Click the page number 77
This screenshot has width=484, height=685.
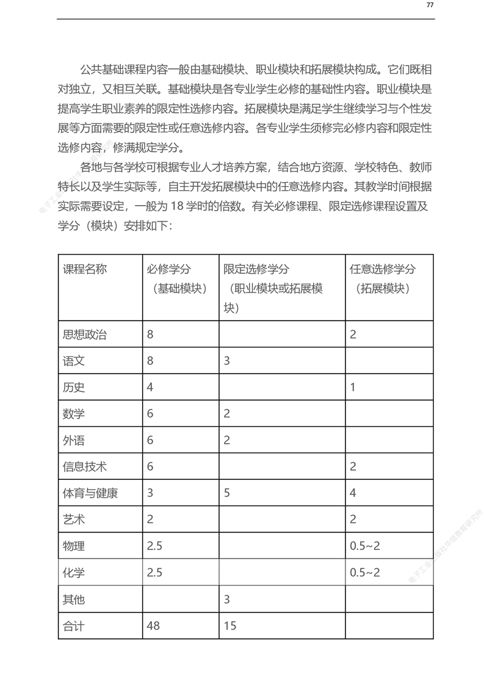click(x=430, y=5)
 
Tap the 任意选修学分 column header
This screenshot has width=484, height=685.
click(x=383, y=269)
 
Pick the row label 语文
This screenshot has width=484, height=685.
click(x=73, y=361)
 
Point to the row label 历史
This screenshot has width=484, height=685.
click(x=73, y=387)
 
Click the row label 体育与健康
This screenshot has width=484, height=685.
click(x=90, y=493)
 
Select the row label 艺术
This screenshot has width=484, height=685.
click(x=73, y=520)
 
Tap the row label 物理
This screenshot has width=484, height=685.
click(x=73, y=546)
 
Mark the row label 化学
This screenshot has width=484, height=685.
click(x=73, y=573)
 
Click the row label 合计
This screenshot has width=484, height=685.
click(x=73, y=626)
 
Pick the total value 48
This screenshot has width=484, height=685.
click(x=154, y=626)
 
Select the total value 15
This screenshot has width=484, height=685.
click(x=229, y=626)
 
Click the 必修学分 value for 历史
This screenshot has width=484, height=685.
click(x=150, y=387)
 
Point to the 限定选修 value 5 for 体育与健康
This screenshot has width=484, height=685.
click(x=226, y=493)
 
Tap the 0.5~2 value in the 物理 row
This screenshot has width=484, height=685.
click(x=365, y=546)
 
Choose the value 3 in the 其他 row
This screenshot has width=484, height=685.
click(x=226, y=599)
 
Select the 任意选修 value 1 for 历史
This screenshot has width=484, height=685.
click(x=353, y=387)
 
